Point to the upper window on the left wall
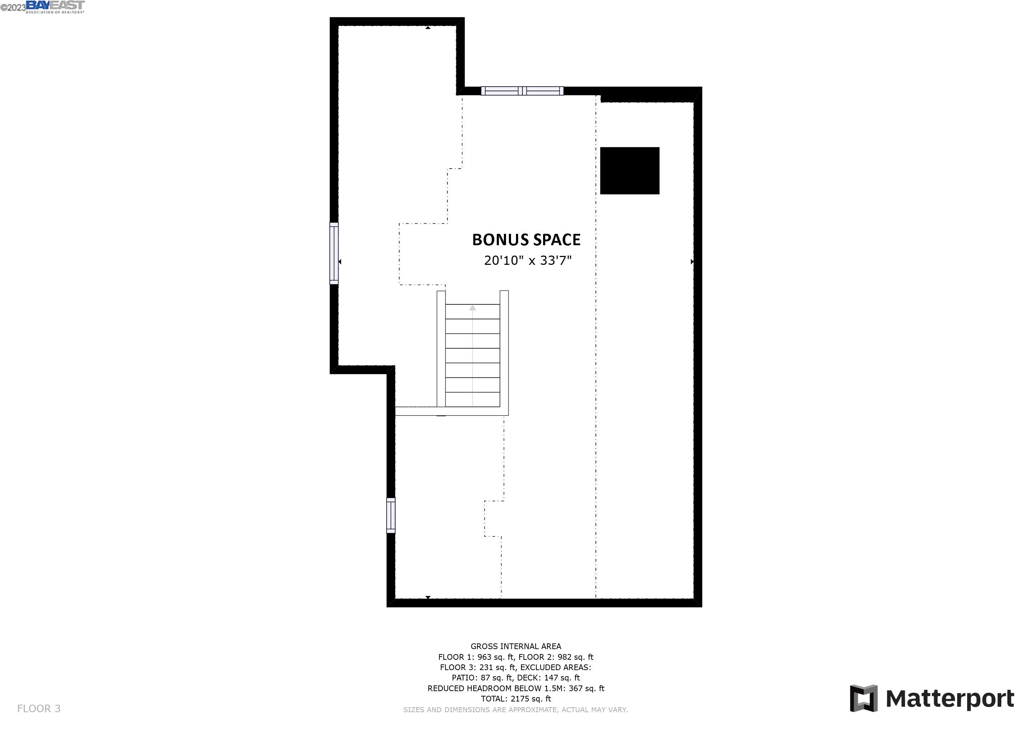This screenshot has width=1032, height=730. click(x=334, y=253)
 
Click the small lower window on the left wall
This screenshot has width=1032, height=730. click(x=391, y=515)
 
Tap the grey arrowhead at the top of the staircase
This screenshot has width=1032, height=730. click(x=473, y=308)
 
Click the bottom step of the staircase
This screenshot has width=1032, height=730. click(x=473, y=399)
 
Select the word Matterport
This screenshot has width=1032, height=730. click(x=949, y=699)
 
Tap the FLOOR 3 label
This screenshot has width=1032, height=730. click(x=38, y=709)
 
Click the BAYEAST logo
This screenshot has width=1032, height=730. click(x=55, y=6)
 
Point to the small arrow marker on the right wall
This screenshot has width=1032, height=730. click(x=692, y=262)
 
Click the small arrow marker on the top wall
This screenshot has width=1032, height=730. click(x=428, y=28)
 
